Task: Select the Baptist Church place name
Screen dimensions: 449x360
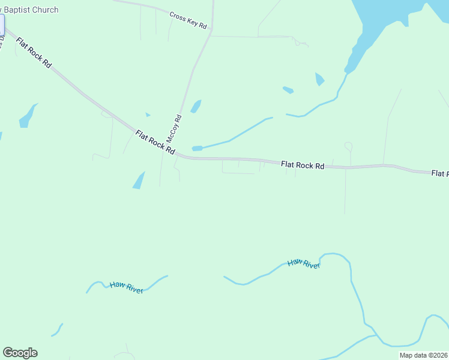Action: pyautogui.click(x=30, y=10)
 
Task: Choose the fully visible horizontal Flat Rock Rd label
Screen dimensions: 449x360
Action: pyautogui.click(x=303, y=164)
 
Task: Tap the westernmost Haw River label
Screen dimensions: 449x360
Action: pyautogui.click(x=126, y=287)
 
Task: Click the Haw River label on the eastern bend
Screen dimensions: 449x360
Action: pyautogui.click(x=304, y=263)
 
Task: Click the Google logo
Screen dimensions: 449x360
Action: pyautogui.click(x=20, y=353)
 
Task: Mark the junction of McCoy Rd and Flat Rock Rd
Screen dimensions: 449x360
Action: pyautogui.click(x=176, y=155)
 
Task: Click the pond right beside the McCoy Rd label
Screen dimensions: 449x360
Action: pyautogui.click(x=196, y=106)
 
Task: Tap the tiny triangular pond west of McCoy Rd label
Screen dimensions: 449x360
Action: pyautogui.click(x=148, y=114)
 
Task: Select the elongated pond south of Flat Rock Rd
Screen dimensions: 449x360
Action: pyautogui.click(x=139, y=180)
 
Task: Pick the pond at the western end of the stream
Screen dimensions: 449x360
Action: pyautogui.click(x=197, y=148)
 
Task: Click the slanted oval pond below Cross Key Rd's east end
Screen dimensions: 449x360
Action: pyautogui.click(x=288, y=90)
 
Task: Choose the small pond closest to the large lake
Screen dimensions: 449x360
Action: pyautogui.click(x=319, y=79)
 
